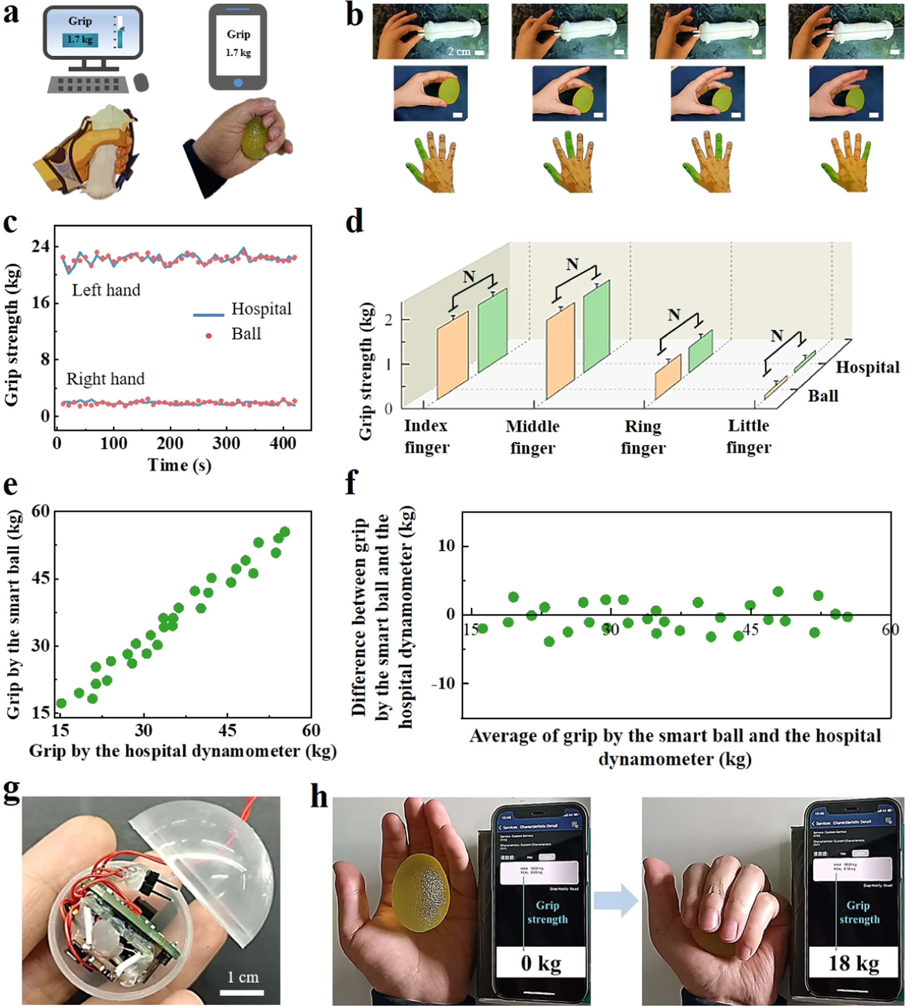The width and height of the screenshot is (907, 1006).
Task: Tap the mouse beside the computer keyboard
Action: click(142, 82)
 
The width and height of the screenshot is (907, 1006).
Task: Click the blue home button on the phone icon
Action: click(238, 82)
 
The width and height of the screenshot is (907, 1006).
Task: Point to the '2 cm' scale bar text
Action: click(459, 51)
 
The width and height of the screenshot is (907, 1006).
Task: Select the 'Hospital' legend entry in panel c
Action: click(261, 309)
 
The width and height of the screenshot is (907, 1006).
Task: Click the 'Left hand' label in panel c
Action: click(106, 290)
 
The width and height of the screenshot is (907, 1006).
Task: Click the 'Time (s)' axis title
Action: click(179, 465)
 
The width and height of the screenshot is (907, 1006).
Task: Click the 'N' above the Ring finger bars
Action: click(674, 315)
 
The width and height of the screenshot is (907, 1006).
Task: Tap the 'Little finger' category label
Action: click(749, 436)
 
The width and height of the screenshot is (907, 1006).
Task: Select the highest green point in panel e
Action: click(285, 532)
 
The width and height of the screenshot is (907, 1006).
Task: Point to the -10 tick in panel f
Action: click(445, 683)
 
